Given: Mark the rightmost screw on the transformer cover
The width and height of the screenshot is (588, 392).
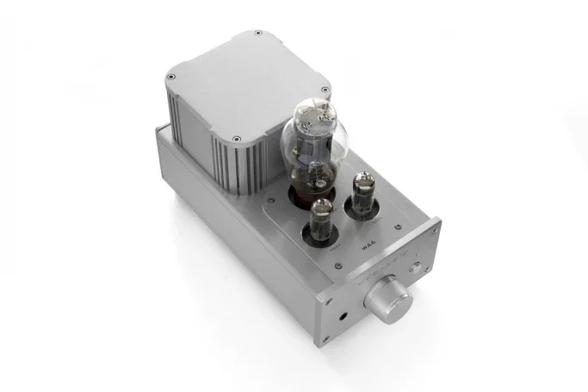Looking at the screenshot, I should pyautogui.click(x=326, y=89).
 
